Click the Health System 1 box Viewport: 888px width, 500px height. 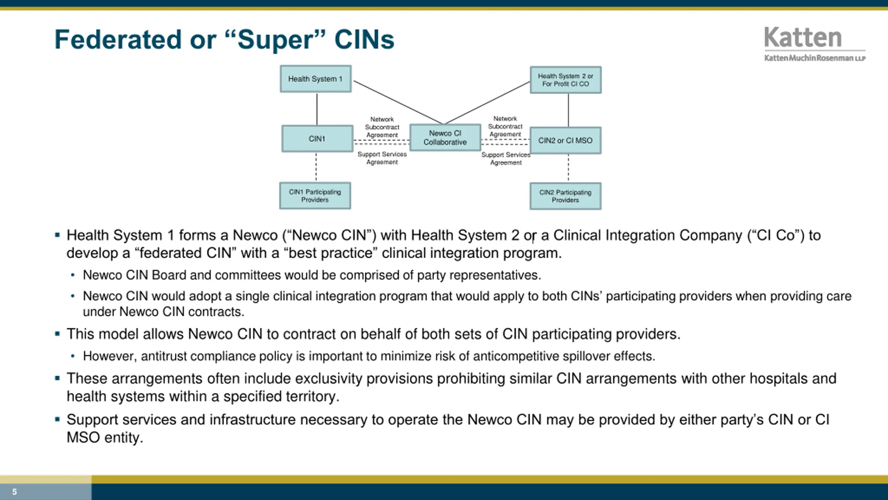[315, 79]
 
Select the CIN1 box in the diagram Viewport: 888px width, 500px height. [317, 139]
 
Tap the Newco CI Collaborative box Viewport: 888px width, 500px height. [445, 137]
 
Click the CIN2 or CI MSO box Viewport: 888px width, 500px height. [565, 141]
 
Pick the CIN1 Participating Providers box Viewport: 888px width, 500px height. [315, 196]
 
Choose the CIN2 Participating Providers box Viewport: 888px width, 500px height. [565, 196]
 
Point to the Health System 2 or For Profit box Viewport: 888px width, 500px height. [565, 80]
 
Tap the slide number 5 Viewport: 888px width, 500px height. [15, 492]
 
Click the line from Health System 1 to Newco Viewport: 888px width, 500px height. [398, 102]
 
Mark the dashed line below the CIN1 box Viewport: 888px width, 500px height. [316, 167]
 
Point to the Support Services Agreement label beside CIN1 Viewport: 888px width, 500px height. [382, 158]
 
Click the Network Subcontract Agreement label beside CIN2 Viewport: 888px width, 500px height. [505, 126]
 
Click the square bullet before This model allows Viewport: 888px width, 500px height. [58, 334]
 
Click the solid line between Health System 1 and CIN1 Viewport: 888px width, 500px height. [317, 109]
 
